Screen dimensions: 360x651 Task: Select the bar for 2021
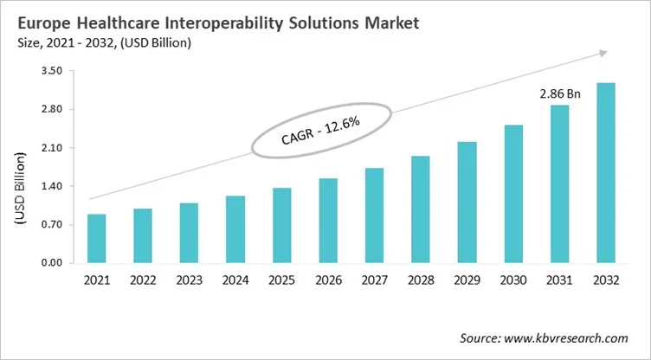[97, 239]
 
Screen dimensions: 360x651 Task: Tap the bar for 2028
[420, 209]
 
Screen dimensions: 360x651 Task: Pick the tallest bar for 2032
[605, 173]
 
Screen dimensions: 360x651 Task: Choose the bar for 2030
[512, 194]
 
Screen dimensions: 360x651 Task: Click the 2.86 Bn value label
[559, 93]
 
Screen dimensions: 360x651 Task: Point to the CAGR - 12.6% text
[321, 133]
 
